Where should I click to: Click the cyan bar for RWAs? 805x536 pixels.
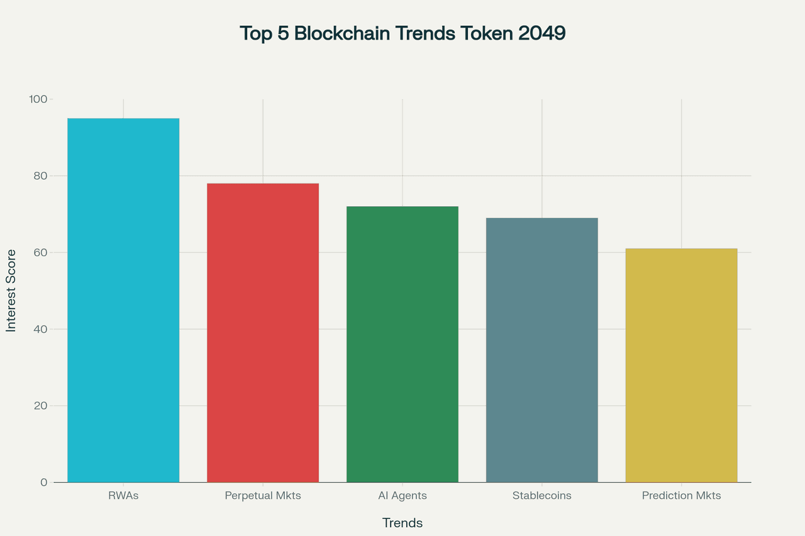pyautogui.click(x=123, y=300)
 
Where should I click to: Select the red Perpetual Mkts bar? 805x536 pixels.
pyautogui.click(x=263, y=333)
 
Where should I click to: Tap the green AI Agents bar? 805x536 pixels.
pyautogui.click(x=402, y=344)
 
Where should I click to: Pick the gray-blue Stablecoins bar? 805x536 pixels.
pyautogui.click(x=542, y=350)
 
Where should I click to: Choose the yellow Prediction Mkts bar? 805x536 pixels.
pyautogui.click(x=681, y=365)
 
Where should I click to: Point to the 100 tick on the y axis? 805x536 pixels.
pyautogui.click(x=38, y=99)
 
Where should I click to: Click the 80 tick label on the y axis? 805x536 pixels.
pyautogui.click(x=40, y=176)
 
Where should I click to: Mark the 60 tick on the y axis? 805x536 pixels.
pyautogui.click(x=40, y=253)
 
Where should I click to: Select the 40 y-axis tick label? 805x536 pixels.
pyautogui.click(x=40, y=329)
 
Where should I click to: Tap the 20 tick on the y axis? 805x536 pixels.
pyautogui.click(x=40, y=406)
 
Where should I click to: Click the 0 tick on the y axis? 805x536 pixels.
pyautogui.click(x=43, y=483)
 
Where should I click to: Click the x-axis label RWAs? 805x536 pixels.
pyautogui.click(x=123, y=496)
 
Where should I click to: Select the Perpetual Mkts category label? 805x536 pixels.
pyautogui.click(x=263, y=496)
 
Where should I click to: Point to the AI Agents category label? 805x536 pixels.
pyautogui.click(x=402, y=496)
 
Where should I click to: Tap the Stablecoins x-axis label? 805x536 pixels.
pyautogui.click(x=542, y=496)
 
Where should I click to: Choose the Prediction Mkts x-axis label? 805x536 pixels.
pyautogui.click(x=681, y=496)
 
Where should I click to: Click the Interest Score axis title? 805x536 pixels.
pyautogui.click(x=11, y=290)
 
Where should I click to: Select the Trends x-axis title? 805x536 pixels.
pyautogui.click(x=402, y=523)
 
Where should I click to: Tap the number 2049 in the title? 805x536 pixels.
pyautogui.click(x=541, y=33)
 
